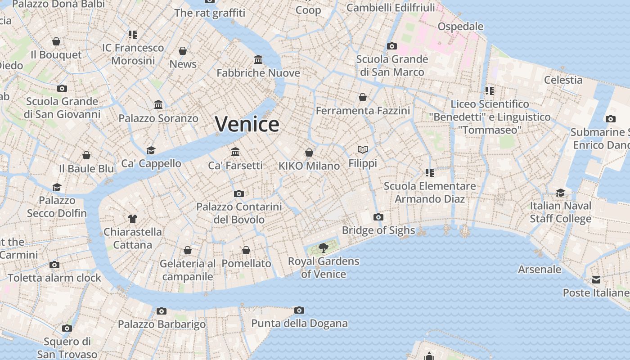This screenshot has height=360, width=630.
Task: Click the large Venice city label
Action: [247, 124]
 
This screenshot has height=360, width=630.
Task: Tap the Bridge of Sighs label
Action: [378, 230]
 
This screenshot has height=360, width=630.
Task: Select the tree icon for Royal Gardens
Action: [323, 247]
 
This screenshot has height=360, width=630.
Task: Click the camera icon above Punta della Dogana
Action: [299, 310]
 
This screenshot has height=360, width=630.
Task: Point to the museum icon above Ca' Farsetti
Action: [235, 152]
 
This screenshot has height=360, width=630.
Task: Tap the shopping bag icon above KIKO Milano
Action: [309, 153]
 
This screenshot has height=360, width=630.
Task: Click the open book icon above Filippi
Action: [363, 149]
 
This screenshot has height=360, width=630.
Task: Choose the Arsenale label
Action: [540, 270]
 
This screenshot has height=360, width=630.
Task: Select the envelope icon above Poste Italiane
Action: [596, 280]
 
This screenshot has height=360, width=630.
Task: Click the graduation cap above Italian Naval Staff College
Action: [560, 193]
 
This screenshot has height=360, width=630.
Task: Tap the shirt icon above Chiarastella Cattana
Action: [132, 219]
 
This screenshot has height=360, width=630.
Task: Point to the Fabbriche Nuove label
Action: [258, 73]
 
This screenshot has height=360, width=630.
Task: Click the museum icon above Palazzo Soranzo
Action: [158, 105]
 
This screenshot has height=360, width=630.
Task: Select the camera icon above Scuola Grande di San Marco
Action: [392, 46]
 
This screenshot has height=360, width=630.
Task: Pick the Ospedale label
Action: [460, 27]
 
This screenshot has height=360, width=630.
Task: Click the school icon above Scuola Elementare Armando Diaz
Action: [429, 172]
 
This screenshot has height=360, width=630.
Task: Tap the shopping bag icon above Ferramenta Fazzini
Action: [363, 97]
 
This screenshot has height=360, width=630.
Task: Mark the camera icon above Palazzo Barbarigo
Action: [162, 311]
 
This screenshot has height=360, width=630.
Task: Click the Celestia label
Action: [563, 80]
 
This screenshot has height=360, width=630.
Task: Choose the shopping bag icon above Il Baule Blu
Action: [86, 155]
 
